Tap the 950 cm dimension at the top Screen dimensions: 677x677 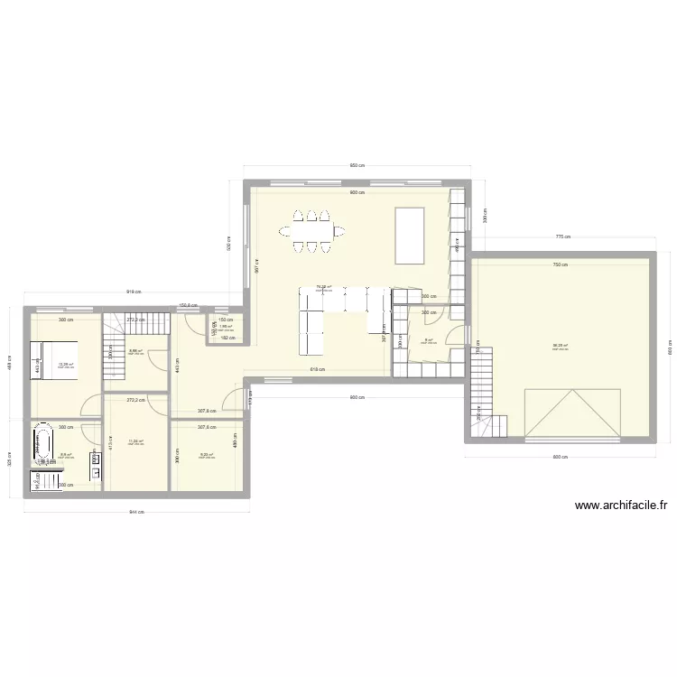pos(357,165)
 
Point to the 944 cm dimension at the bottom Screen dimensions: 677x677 pos(136,513)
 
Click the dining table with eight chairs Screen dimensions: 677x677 pos(311,230)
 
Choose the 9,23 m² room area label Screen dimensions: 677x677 pos(206,455)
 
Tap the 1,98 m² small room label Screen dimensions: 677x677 pos(225,328)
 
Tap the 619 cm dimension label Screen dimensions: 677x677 pos(319,369)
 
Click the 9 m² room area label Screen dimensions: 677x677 pos(428,340)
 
